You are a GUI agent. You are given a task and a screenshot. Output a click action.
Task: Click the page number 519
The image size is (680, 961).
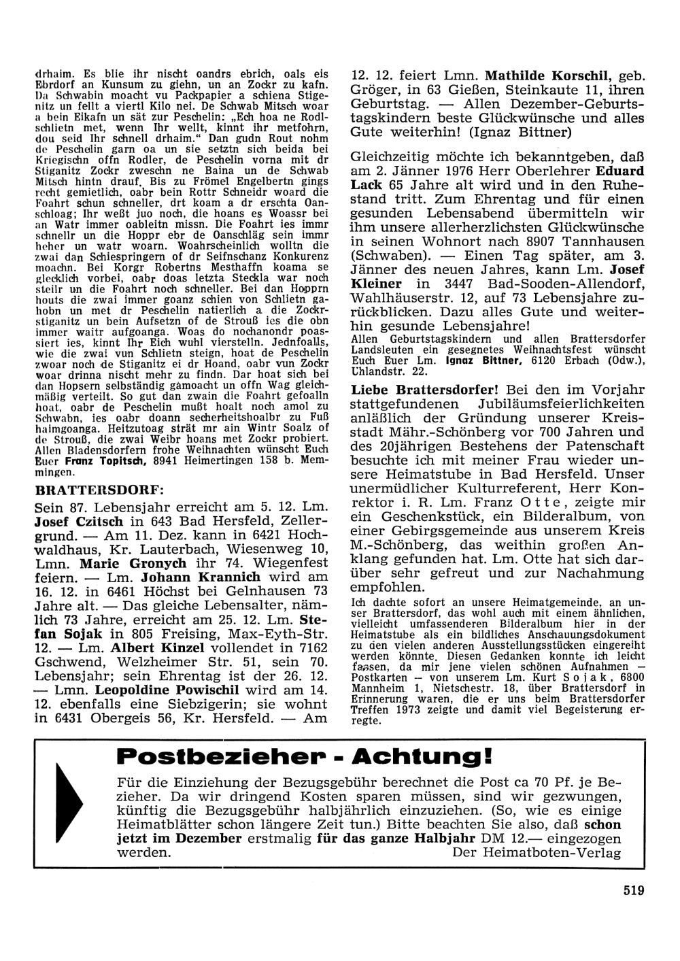pyautogui.click(x=632, y=890)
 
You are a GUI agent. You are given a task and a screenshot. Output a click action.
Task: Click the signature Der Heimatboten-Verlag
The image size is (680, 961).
pyautogui.click(x=536, y=854)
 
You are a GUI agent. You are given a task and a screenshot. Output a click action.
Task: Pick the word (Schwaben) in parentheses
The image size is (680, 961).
pyautogui.click(x=384, y=255)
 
